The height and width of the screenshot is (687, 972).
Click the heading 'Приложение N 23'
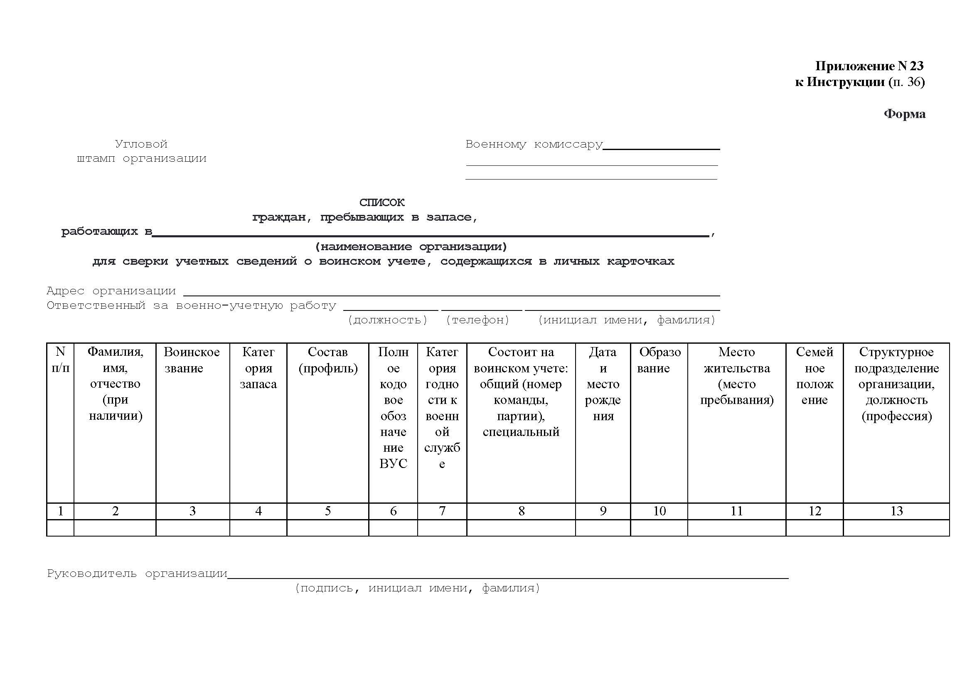click(x=869, y=66)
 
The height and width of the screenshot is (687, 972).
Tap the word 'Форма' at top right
click(x=904, y=114)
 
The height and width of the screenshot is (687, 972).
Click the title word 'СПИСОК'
click(x=382, y=203)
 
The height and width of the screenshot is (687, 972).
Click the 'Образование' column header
click(x=659, y=360)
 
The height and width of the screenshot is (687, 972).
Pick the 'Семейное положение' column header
click(x=814, y=375)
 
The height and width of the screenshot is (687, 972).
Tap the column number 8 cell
click(x=521, y=511)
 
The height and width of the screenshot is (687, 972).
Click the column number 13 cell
click(x=896, y=511)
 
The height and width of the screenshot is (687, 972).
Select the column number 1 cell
click(x=61, y=511)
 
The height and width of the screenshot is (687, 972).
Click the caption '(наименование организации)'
click(x=411, y=246)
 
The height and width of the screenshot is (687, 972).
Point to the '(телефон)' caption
click(x=477, y=320)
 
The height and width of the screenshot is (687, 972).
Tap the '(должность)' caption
click(x=387, y=320)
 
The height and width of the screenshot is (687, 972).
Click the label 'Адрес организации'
click(x=111, y=291)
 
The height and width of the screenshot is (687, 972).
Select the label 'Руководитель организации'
click(x=137, y=574)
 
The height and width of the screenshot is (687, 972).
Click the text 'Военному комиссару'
click(x=534, y=144)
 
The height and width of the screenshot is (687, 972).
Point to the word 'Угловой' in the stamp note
click(x=141, y=144)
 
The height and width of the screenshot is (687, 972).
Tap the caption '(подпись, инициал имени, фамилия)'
click(x=417, y=588)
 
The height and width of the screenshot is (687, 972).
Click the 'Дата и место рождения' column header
click(x=603, y=384)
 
